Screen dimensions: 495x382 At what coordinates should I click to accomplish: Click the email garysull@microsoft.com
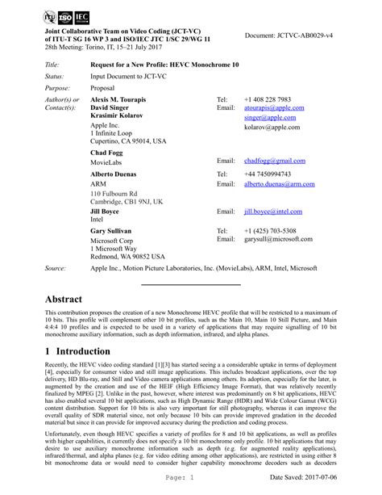[276, 240]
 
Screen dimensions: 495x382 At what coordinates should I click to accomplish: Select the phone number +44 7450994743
[268, 174]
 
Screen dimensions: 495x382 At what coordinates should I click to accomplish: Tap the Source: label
[56, 266]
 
